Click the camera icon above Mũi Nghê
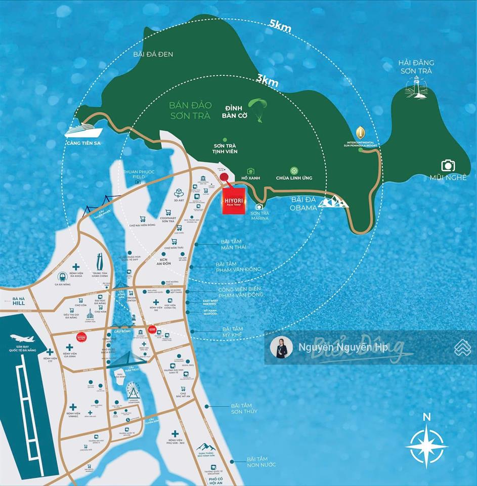tap(448, 165)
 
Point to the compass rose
tap(427, 444)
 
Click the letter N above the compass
tap(426, 417)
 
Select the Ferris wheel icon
tap(133, 390)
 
